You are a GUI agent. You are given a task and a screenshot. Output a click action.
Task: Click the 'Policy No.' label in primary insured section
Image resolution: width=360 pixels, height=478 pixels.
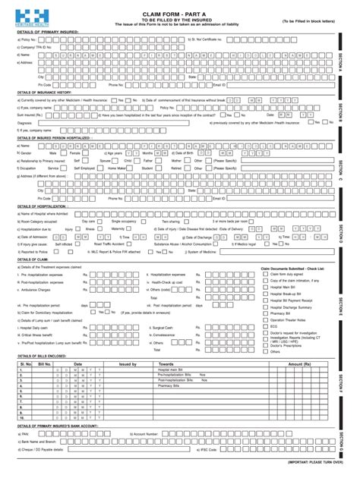[28, 38]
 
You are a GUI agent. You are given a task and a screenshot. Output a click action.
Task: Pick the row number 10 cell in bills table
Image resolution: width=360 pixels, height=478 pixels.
[24, 417]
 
